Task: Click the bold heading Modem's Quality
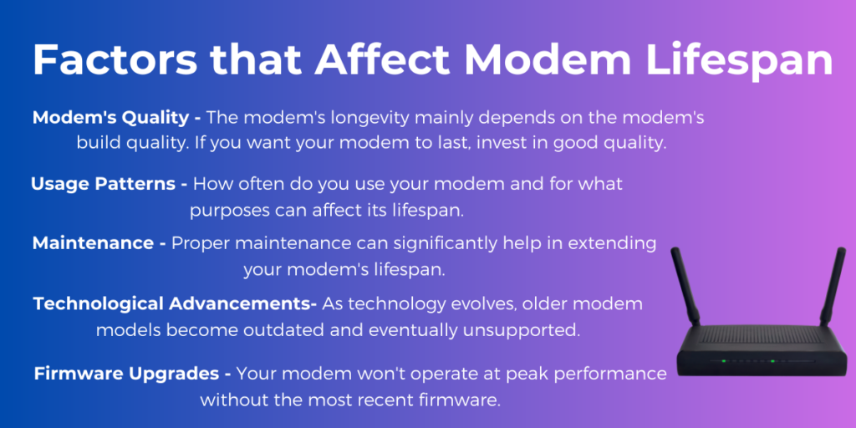[x=116, y=117]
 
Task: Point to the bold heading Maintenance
[x=99, y=243]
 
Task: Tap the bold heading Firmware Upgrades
[x=133, y=374]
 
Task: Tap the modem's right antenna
[x=833, y=286]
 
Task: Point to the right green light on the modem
[x=772, y=361]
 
